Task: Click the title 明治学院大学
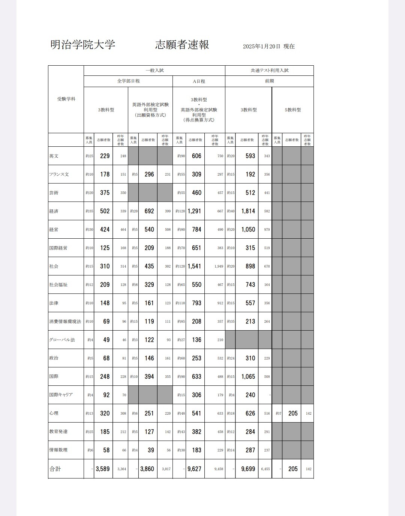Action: pos(82,45)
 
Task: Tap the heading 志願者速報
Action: pos(182,45)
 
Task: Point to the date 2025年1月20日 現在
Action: pos(268,47)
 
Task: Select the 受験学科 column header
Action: pos(66,99)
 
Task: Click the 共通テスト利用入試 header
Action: pos(269,71)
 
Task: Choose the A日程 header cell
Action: pos(199,81)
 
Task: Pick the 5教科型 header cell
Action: pos(292,110)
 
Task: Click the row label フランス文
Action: pos(59,175)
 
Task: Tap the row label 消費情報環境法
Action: pos(65,322)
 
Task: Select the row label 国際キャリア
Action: pos(61,395)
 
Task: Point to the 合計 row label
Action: pos(55,469)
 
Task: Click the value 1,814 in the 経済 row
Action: pos(248,211)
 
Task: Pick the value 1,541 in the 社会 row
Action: pos(194,266)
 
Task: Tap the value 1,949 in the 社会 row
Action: pos(219,266)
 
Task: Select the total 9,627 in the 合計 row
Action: pos(194,469)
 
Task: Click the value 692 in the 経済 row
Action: pos(149,211)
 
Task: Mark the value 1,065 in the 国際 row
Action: pos(248,377)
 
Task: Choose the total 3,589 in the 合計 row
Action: pos(103,469)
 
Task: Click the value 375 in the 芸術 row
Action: pos(105,193)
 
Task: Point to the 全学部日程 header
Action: pos(128,81)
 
